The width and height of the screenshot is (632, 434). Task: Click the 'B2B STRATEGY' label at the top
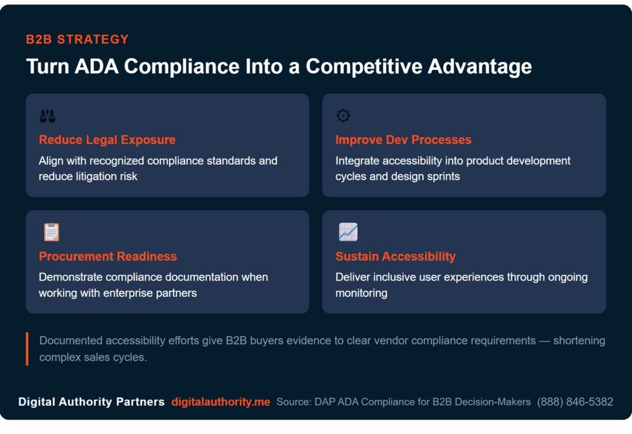[77, 40]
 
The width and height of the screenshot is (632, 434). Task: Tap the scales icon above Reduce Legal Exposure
[47, 115]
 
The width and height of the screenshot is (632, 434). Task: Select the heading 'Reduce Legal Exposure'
[107, 140]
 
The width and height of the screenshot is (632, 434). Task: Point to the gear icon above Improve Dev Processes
[343, 115]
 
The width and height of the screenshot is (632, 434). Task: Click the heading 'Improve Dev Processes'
[403, 140]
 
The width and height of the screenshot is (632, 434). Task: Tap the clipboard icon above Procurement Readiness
[51, 232]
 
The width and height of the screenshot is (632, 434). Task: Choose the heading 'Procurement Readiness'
[107, 256]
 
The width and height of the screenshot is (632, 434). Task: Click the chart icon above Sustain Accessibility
[348, 232]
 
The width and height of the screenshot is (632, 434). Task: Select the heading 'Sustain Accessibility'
[395, 256]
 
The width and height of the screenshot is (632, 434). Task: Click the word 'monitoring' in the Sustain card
[361, 293]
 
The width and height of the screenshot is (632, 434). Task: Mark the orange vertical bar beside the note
[27, 349]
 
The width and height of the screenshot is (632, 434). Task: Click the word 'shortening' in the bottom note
[579, 341]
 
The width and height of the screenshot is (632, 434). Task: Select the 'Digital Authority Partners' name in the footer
[91, 402]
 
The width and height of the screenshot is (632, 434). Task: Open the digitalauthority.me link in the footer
[220, 402]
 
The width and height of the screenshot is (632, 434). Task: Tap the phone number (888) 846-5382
[575, 402]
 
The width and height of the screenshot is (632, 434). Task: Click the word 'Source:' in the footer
[293, 402]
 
